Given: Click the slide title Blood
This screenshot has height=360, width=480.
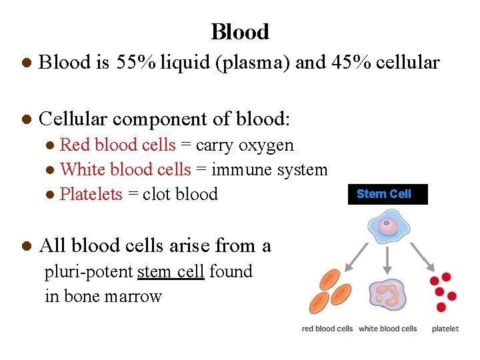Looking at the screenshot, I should point(240,31).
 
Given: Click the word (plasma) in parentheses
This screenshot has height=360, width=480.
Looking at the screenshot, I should point(259,63).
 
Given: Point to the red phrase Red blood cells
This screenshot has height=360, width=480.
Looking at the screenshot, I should point(118,145).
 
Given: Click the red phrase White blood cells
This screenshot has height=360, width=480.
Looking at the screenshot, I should point(125,169).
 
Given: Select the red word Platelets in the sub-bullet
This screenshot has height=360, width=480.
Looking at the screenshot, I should point(91,194).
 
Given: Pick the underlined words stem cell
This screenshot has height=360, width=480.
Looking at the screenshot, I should point(171,271).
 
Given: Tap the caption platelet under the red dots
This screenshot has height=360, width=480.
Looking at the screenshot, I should point(445,329).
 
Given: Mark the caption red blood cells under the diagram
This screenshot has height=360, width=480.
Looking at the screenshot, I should point(327,329).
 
